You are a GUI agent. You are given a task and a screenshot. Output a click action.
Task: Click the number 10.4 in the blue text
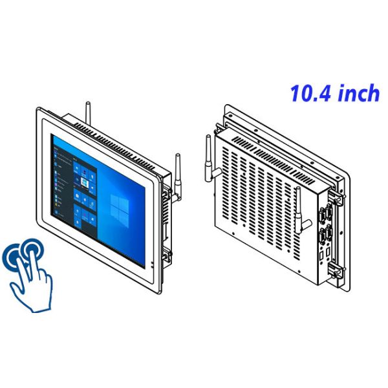pos(310,93)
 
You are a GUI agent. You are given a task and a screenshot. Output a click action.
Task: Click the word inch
pos(358,92)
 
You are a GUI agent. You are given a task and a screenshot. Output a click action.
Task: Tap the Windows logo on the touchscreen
pos(120,211)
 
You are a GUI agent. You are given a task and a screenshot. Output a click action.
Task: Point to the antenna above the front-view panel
pos(88,113)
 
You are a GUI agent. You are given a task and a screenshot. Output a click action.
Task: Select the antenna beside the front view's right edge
pos(178,178)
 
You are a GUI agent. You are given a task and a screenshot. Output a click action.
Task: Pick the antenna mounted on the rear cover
pos(300,211)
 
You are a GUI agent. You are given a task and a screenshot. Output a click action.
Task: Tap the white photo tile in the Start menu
pos(84,184)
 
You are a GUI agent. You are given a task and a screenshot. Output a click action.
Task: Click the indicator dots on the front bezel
pos(152,264)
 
